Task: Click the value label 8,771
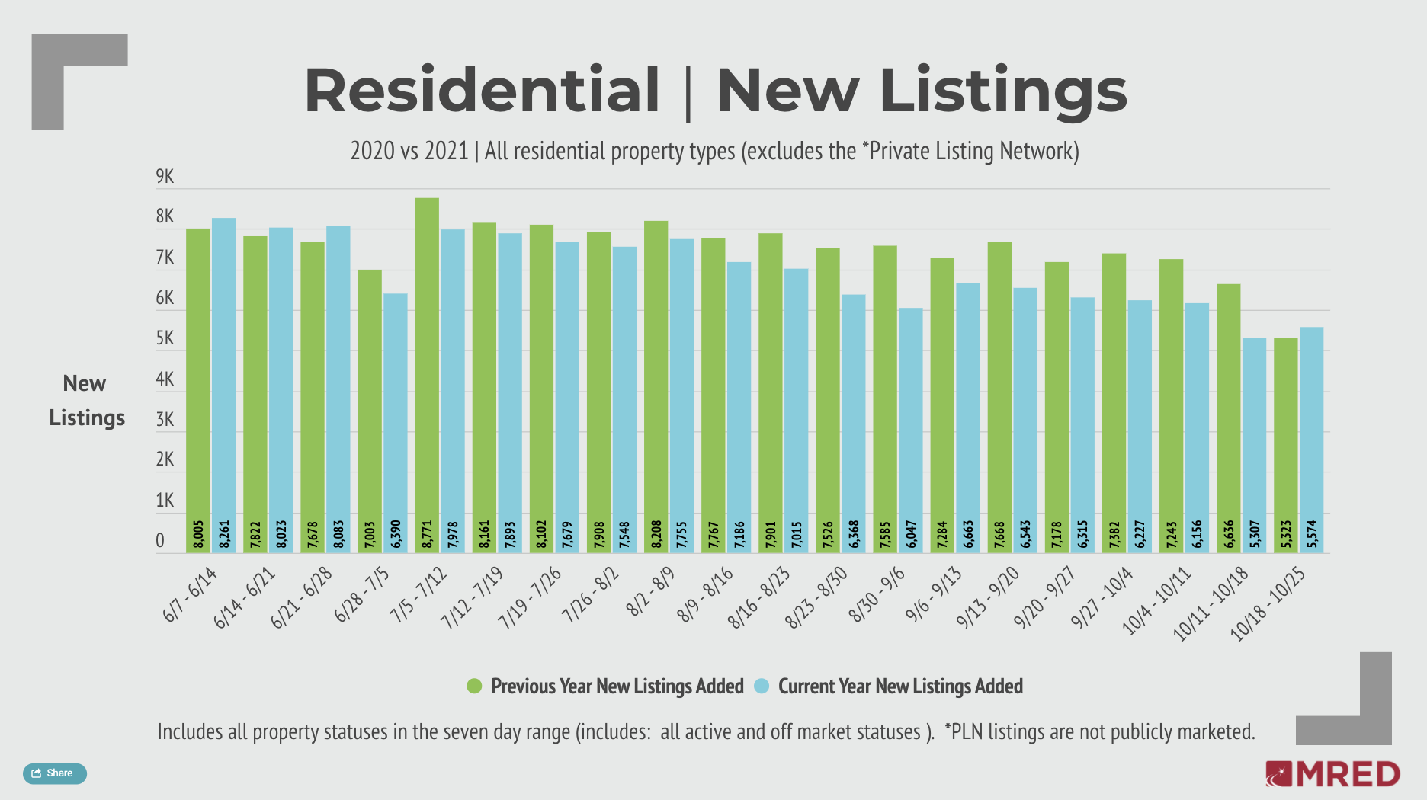tap(427, 534)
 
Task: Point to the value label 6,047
tap(910, 534)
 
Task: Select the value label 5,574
tap(1312, 534)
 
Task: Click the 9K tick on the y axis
tap(165, 177)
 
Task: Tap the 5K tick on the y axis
tap(165, 338)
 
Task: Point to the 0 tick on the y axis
tap(160, 541)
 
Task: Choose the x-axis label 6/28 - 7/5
tap(361, 595)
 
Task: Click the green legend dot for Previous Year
tap(474, 686)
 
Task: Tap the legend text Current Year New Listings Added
tap(899, 686)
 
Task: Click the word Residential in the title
tap(482, 91)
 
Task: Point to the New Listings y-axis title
tap(85, 401)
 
